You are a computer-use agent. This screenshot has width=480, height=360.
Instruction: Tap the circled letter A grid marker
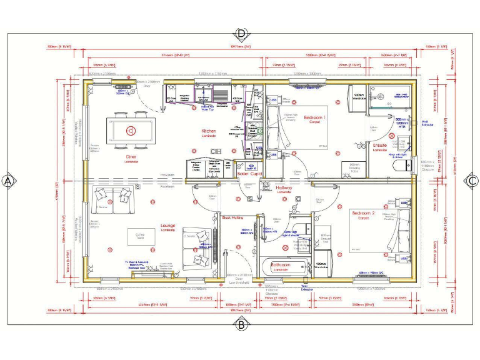8,181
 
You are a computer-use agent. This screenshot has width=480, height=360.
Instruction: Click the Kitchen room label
208,132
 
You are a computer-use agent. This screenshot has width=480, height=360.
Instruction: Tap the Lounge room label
167,230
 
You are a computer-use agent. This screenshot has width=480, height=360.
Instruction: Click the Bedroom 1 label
314,119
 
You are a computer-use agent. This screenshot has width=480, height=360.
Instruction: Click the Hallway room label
271,188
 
